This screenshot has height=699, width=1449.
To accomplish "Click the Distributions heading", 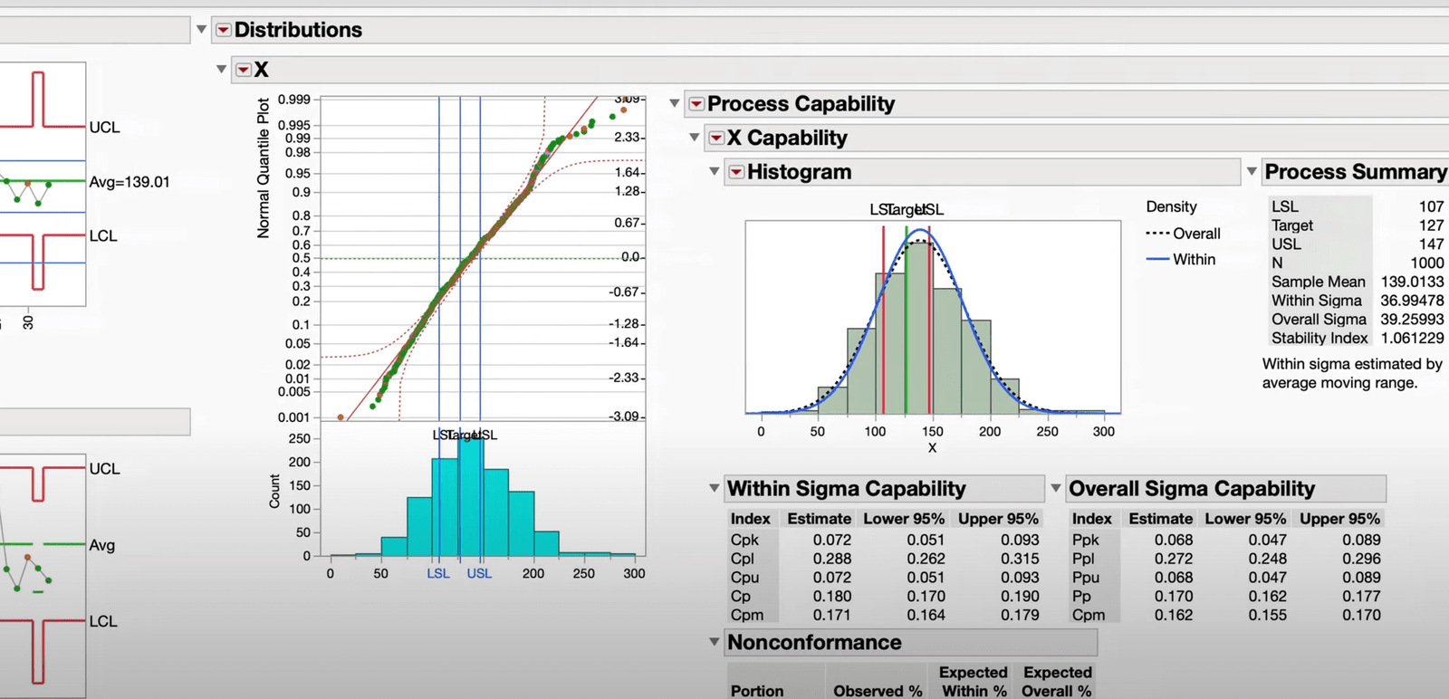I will [x=298, y=30].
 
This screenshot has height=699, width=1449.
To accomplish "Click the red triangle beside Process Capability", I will [x=696, y=104].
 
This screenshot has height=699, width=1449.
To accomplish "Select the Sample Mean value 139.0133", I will [x=1412, y=282].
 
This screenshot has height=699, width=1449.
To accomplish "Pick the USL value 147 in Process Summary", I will [x=1431, y=244].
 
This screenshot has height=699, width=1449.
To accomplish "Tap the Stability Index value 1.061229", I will [x=1412, y=338].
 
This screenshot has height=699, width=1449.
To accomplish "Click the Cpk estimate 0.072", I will [x=831, y=540].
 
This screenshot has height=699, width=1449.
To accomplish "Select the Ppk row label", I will [x=1085, y=540].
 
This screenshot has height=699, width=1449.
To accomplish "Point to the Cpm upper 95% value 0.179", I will [x=1020, y=615].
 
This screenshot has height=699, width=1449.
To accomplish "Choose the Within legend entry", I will [x=1194, y=259].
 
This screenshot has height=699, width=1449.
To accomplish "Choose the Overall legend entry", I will [x=1196, y=234].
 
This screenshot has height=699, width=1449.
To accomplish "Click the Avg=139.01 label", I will [x=130, y=182].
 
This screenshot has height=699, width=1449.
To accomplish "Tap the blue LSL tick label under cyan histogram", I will [x=438, y=573].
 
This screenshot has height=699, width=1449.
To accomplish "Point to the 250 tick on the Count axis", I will [x=299, y=438].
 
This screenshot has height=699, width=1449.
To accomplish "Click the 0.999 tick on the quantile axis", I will [x=293, y=100].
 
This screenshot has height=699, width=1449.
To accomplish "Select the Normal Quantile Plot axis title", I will [x=264, y=168].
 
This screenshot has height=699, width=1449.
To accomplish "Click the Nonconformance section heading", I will [x=814, y=643].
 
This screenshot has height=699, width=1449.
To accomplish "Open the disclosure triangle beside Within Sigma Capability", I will [x=714, y=488].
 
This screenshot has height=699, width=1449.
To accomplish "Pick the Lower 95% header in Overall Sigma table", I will [x=1244, y=519].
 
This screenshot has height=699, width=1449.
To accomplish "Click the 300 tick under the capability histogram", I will [x=1103, y=432].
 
